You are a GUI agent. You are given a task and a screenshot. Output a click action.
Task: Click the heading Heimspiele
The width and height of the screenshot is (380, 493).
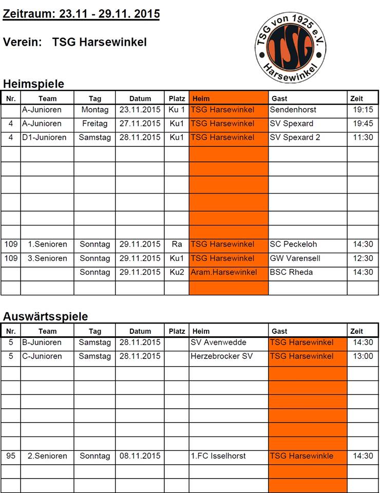pyautogui.click(x=33, y=84)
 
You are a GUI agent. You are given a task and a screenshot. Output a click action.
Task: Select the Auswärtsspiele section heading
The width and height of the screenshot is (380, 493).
pyautogui.click(x=45, y=316)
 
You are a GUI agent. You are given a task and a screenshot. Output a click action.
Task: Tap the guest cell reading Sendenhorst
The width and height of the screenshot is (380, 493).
pyautogui.click(x=293, y=109)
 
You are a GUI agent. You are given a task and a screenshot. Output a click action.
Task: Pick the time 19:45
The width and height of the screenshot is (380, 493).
pyautogui.click(x=363, y=123)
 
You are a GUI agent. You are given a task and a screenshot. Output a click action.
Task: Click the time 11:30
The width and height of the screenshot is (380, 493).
pyautogui.click(x=363, y=137)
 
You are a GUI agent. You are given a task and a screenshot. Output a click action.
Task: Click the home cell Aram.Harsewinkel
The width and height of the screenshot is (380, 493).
pyautogui.click(x=224, y=272)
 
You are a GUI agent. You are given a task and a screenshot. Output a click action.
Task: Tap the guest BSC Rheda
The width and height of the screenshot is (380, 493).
pyautogui.click(x=291, y=272)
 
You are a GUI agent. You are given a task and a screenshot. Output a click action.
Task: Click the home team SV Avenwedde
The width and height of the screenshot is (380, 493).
pyautogui.click(x=218, y=342)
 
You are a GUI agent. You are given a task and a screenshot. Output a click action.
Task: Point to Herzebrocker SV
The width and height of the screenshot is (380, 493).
pyautogui.click(x=221, y=356)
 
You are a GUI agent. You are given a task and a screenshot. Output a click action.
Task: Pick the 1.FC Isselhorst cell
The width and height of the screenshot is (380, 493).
pyautogui.click(x=218, y=456)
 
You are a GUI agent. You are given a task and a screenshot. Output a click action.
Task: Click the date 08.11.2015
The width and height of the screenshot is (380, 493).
pyautogui.click(x=140, y=456)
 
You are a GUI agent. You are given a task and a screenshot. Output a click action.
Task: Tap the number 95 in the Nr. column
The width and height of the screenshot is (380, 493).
pyautogui.click(x=11, y=456)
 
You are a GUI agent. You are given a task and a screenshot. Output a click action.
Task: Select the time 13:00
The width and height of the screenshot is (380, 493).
pyautogui.click(x=363, y=356)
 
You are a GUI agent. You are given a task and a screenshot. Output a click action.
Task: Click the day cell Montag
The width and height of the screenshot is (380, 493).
pyautogui.click(x=95, y=109)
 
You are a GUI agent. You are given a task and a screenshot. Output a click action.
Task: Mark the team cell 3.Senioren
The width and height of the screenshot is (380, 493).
pyautogui.click(x=47, y=258)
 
